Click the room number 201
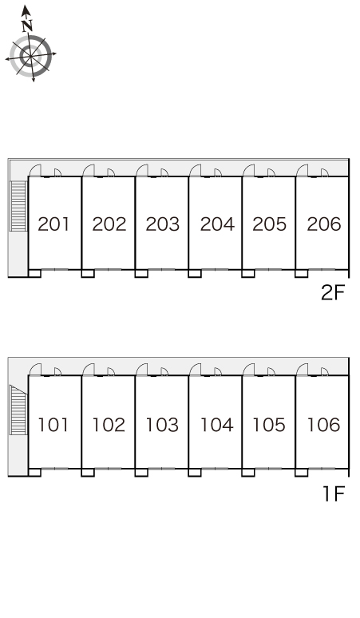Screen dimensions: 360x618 click(x=53, y=224)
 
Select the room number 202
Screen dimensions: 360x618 click(x=109, y=224)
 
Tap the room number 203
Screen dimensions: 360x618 click(x=163, y=224)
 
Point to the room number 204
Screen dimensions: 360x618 click(x=217, y=224)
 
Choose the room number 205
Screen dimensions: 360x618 click(x=270, y=224)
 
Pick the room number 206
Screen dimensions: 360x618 click(x=324, y=224)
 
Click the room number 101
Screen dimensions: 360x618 click(x=53, y=425)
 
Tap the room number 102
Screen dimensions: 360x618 click(x=109, y=425)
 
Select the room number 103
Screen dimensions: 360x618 click(x=162, y=425)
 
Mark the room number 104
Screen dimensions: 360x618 click(x=216, y=425)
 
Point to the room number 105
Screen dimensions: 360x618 click(x=269, y=425)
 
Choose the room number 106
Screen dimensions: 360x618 click(x=323, y=425)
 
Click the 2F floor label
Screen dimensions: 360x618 click(x=333, y=293)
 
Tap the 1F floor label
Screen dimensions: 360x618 click(x=334, y=494)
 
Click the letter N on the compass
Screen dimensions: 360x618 click(x=27, y=26)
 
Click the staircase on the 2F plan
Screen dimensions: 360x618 click(x=18, y=206)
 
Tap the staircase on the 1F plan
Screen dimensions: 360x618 click(x=18, y=410)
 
